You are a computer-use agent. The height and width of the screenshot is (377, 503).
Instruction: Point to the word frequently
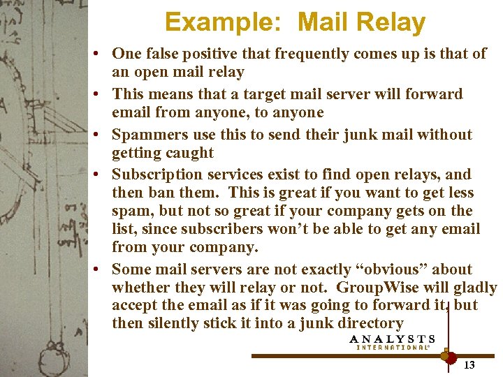[287, 53]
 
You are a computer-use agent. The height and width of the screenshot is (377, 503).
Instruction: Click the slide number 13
[469, 365]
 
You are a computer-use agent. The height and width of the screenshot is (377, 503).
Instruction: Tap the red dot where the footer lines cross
[447, 356]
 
